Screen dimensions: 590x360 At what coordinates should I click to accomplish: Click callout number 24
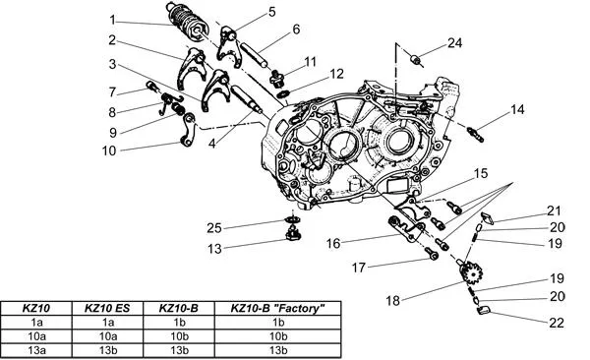tap(454, 43)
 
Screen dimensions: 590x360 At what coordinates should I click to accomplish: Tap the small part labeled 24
tap(415, 59)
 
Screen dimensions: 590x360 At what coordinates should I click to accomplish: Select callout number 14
tap(517, 109)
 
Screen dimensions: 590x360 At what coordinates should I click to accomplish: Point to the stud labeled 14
tap(475, 135)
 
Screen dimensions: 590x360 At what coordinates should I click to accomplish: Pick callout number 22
tap(557, 323)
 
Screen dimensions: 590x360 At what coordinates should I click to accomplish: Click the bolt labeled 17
tap(432, 254)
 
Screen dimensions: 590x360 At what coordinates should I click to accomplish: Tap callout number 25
tap(214, 228)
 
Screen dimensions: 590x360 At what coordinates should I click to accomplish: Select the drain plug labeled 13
tap(292, 234)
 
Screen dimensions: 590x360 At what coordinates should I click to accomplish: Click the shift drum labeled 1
tap(188, 23)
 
